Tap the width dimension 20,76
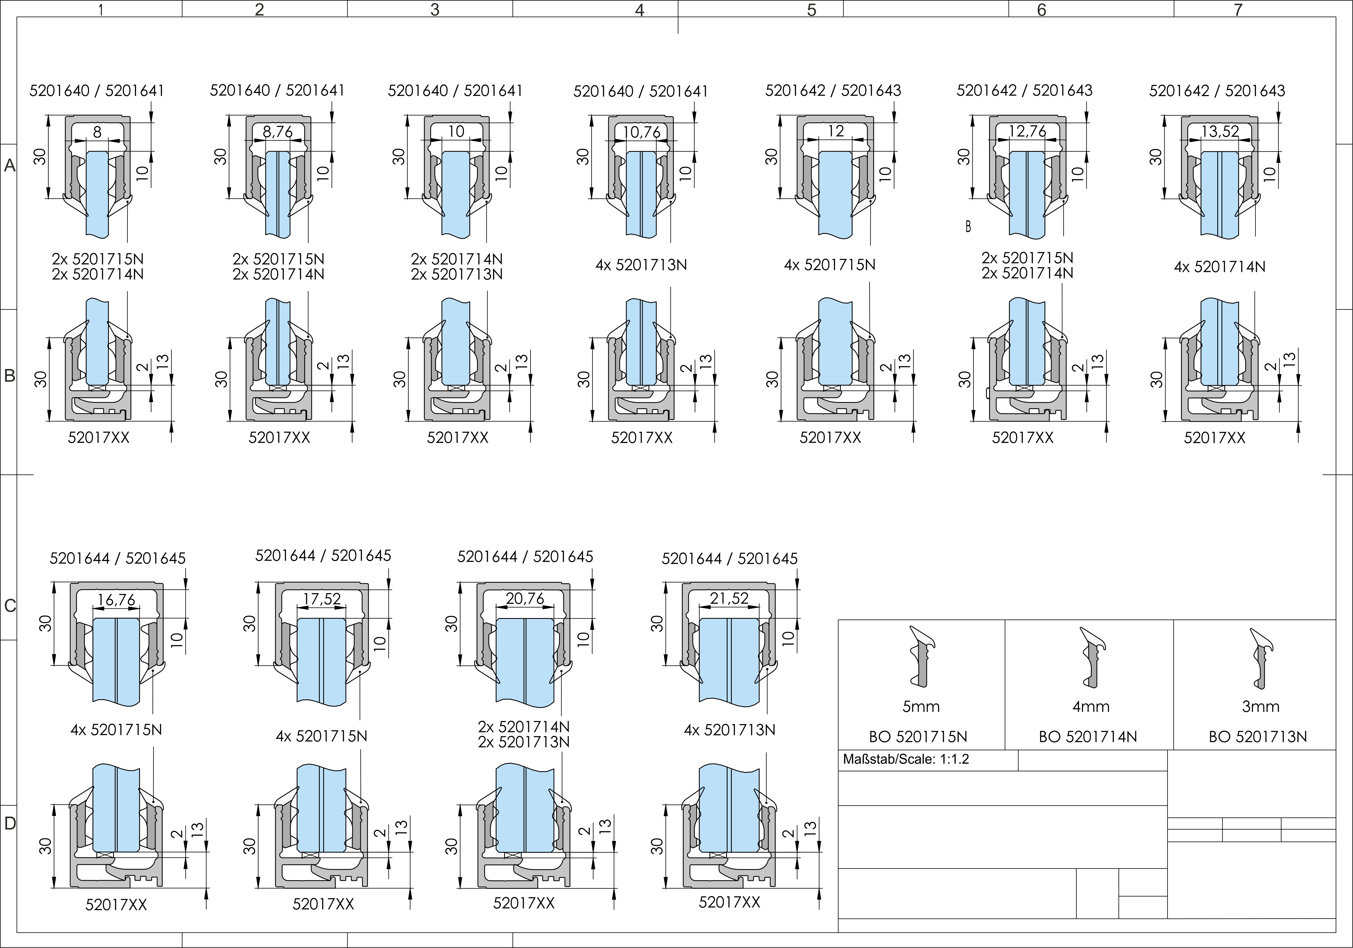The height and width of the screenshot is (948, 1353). pos(525,599)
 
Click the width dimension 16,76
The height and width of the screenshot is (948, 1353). pos(116,600)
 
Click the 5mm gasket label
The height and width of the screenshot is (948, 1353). pos(921,707)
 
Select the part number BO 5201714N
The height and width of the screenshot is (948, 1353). pos(1088,737)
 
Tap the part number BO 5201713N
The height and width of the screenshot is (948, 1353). pos(1257,737)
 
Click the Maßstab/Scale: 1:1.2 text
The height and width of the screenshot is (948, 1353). pos(906,759)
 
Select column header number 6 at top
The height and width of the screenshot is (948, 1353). pos(1041,10)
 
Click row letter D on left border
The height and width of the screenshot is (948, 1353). pos(10,823)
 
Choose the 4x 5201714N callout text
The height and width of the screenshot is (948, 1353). pos(1219,267)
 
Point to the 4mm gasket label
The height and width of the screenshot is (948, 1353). pos(1091,707)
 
